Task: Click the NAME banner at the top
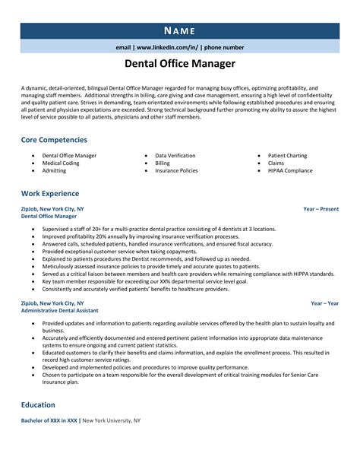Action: point(179,31)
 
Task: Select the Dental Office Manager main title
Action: point(179,64)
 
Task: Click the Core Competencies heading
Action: point(54,140)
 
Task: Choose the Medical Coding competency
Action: point(61,163)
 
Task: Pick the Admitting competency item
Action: point(54,170)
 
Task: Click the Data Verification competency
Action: point(175,155)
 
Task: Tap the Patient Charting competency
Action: point(287,155)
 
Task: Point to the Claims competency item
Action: point(276,163)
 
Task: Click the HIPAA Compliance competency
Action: point(290,170)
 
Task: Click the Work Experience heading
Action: point(52,192)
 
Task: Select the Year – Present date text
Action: point(321,208)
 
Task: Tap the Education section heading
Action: point(38,405)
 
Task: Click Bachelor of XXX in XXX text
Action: point(49,420)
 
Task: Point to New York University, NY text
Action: point(111,420)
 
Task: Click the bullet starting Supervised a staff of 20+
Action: point(159,227)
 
